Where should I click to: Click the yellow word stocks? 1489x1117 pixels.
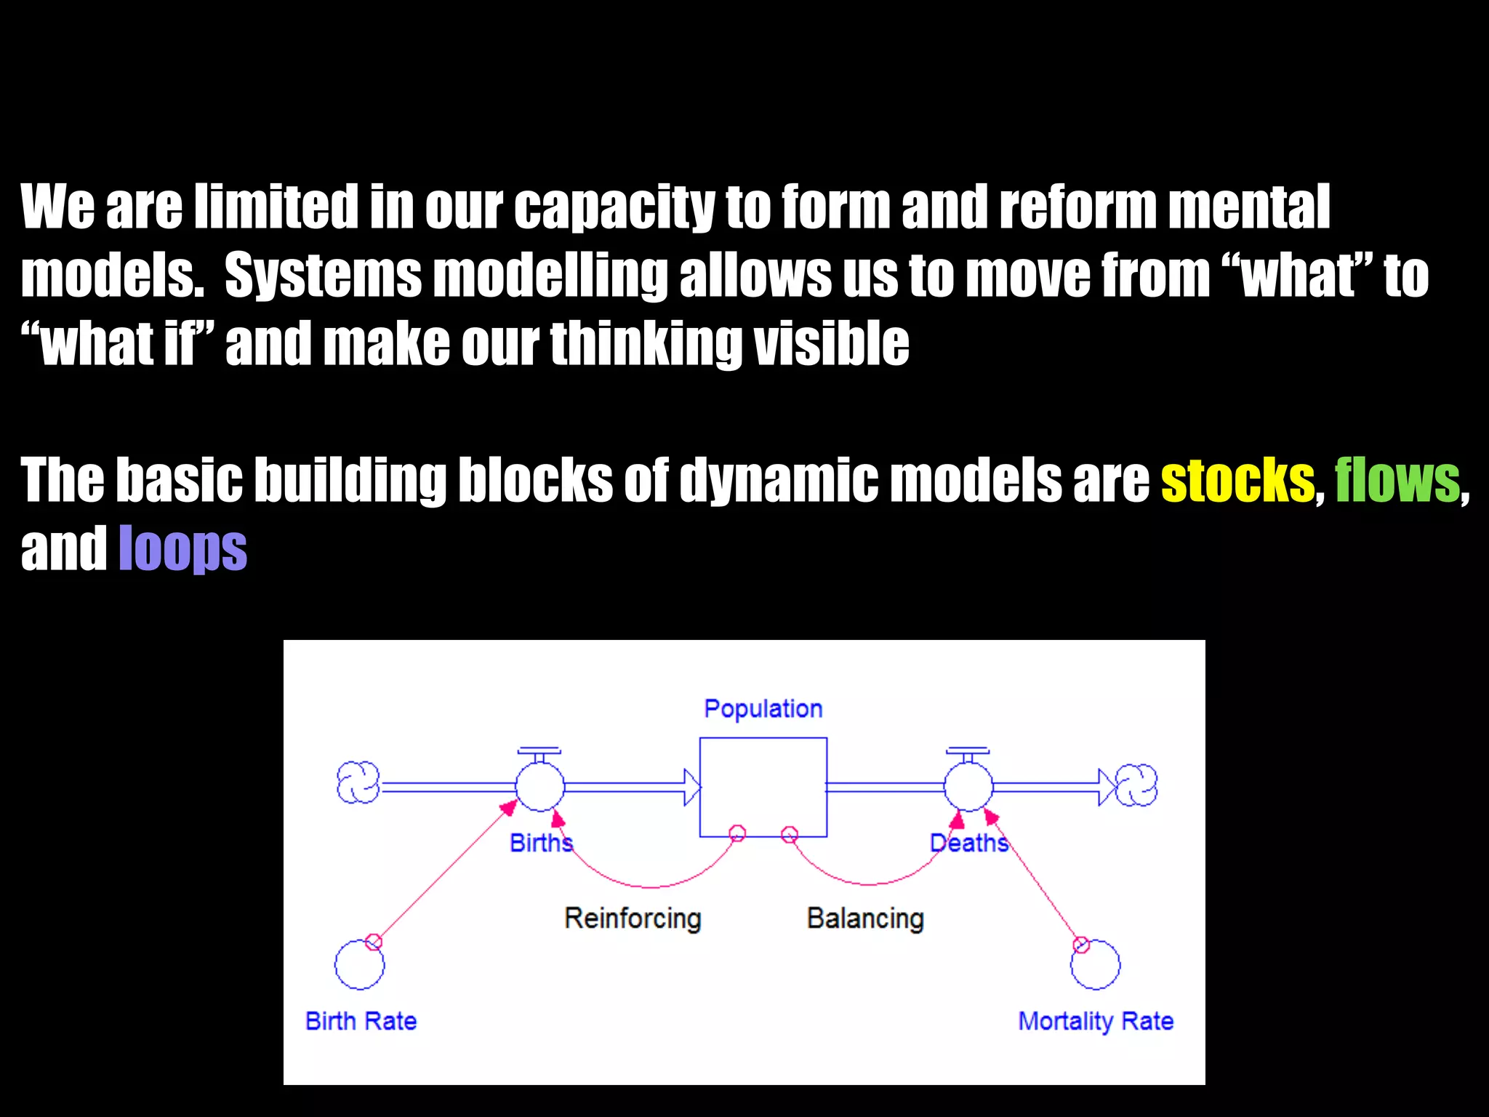click(x=1237, y=481)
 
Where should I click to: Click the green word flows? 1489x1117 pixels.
click(x=1397, y=481)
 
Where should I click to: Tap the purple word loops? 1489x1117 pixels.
click(x=182, y=549)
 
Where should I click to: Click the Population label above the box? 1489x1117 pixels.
click(x=763, y=708)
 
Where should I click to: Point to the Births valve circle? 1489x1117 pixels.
click(x=539, y=786)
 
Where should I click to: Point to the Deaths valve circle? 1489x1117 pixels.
click(x=968, y=786)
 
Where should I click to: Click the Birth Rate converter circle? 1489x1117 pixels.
click(x=359, y=965)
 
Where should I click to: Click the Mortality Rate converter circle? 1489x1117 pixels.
click(x=1096, y=965)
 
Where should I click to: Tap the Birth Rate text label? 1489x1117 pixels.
click(x=361, y=1021)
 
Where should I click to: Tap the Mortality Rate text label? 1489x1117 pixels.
click(x=1096, y=1021)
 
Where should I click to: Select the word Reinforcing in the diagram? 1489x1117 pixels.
click(x=633, y=918)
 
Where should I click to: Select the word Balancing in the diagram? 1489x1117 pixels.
click(x=865, y=918)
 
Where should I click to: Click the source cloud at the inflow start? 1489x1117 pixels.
click(x=358, y=782)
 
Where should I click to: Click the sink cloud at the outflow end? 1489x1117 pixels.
click(x=1136, y=785)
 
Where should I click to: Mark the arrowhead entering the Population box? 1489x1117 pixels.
click(x=691, y=787)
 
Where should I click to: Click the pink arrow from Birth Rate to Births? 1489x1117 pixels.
click(x=444, y=873)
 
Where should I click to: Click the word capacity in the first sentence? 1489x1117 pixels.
click(x=614, y=207)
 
